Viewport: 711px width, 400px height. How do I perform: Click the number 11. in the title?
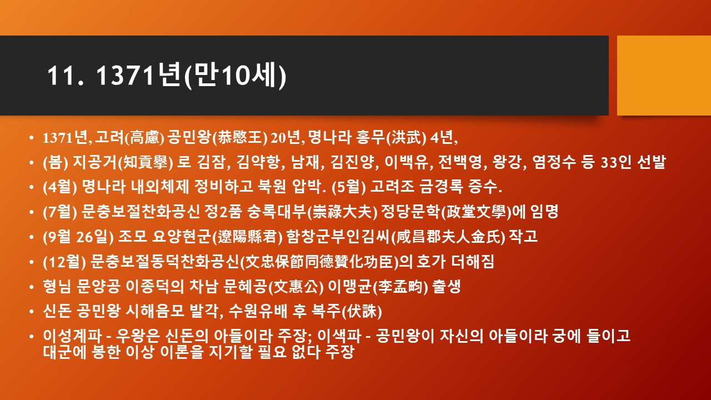coord(66,75)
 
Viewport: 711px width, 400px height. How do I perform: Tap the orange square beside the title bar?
coord(664,75)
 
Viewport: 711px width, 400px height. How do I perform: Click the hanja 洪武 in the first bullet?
coord(406,137)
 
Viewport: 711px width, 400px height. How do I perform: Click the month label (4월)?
coord(60,187)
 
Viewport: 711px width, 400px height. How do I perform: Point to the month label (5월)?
coord(348,187)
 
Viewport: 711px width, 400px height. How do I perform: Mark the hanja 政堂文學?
coord(477,212)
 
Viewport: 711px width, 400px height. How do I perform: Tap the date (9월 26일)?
coord(78,237)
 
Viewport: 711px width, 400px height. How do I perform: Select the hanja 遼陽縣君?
coord(247,237)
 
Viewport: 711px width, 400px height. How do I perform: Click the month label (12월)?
coord(64,262)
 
